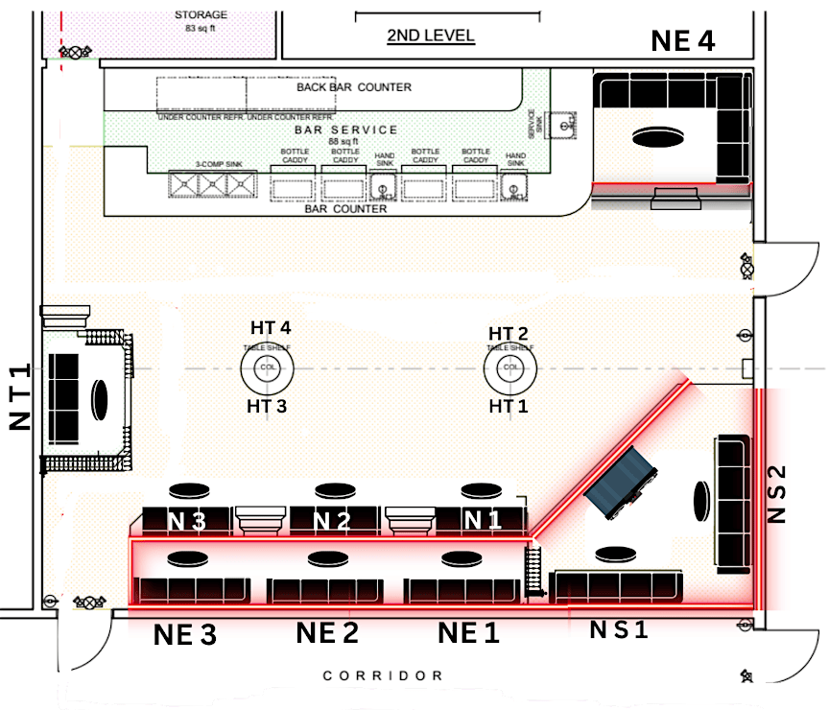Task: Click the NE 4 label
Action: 683,41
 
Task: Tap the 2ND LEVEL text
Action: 430,36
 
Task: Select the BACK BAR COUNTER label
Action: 353,87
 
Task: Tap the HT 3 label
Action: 268,406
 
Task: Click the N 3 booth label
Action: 186,521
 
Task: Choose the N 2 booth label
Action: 330,521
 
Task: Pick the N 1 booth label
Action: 483,521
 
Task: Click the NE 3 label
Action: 184,635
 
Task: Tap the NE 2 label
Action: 327,634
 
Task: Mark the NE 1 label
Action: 469,634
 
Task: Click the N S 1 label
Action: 619,630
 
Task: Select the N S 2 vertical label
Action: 777,494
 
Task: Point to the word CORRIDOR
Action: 383,675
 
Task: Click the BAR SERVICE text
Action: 346,130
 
